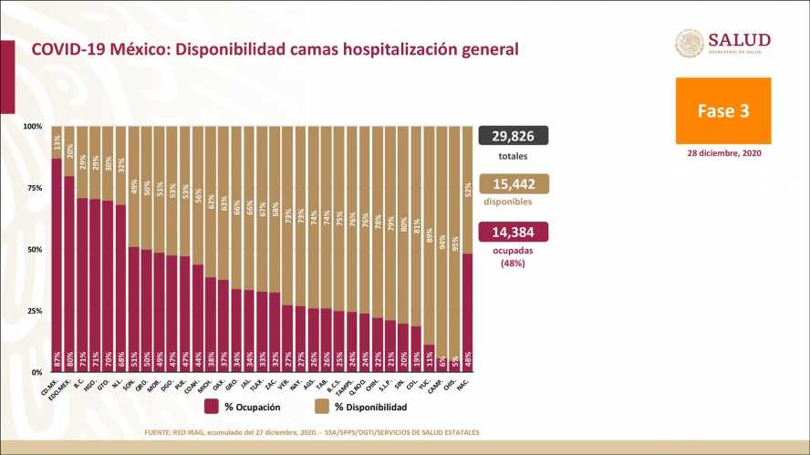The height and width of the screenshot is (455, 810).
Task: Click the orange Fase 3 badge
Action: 723,109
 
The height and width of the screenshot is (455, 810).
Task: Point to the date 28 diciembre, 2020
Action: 723,153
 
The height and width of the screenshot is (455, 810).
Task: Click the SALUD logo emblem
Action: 689,43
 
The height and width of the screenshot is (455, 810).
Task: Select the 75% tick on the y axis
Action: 34,188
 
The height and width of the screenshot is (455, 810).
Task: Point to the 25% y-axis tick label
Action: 34,311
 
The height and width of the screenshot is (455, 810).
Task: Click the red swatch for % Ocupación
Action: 211,407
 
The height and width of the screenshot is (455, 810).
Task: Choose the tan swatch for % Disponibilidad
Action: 323,407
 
